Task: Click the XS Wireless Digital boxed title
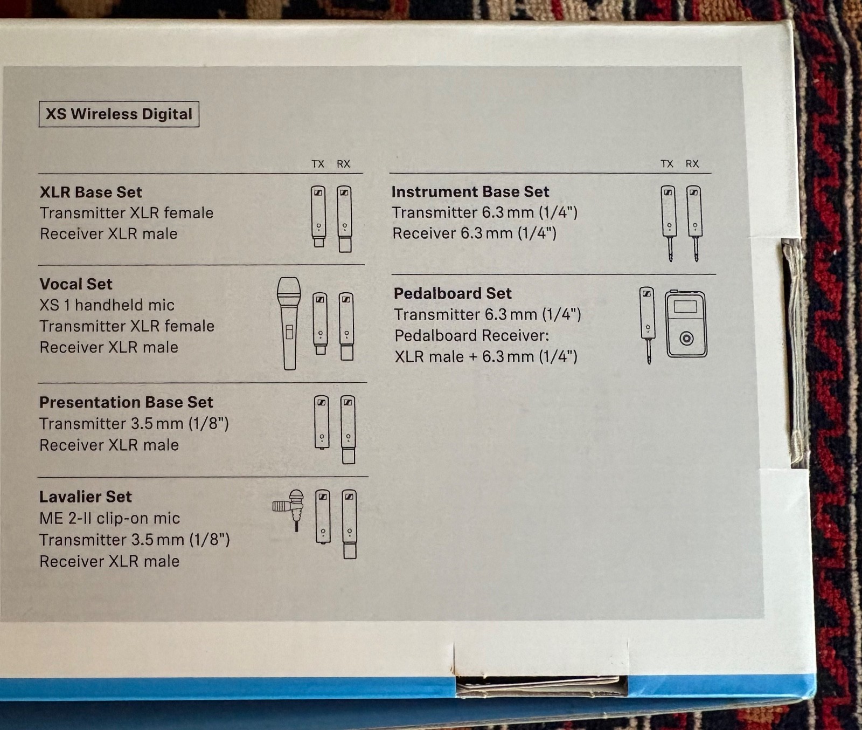tap(119, 114)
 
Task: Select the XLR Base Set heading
tap(91, 192)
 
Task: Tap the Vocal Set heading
tap(76, 284)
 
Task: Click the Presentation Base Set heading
tap(126, 402)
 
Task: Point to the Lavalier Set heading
tap(85, 497)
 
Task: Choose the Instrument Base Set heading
tap(470, 192)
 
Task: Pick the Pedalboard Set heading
tap(453, 293)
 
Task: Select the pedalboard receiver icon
tap(686, 323)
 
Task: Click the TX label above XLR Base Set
tap(318, 164)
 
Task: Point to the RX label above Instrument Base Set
tap(692, 164)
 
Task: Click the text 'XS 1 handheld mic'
tap(107, 305)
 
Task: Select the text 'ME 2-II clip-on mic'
tap(109, 519)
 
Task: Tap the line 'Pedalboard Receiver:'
tap(471, 336)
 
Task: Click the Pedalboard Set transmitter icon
tap(648, 323)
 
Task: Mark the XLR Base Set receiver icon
tap(344, 218)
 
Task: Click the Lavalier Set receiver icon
tap(349, 524)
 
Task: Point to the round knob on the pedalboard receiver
tap(686, 339)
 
